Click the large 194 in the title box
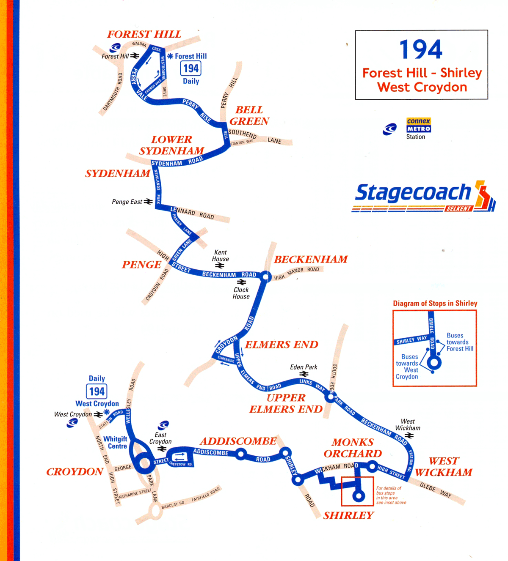coord(421,50)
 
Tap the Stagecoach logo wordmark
coord(413,193)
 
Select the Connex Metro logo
coord(418,125)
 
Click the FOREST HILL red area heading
coord(144,34)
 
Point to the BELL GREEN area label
coord(249,115)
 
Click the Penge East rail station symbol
coord(148,202)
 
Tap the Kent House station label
coord(220,256)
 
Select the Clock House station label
coord(241,293)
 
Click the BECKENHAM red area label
coord(311,260)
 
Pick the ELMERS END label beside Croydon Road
coord(282,345)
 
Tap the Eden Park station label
coord(304,367)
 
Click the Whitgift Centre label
coord(115,443)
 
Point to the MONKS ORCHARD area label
coord(353,448)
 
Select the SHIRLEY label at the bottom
coord(348,515)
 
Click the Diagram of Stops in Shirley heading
coord(435,303)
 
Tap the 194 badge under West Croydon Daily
coord(97,391)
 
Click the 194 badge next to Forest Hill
coord(191,68)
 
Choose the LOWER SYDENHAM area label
coord(171,145)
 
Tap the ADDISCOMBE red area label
coord(238,441)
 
